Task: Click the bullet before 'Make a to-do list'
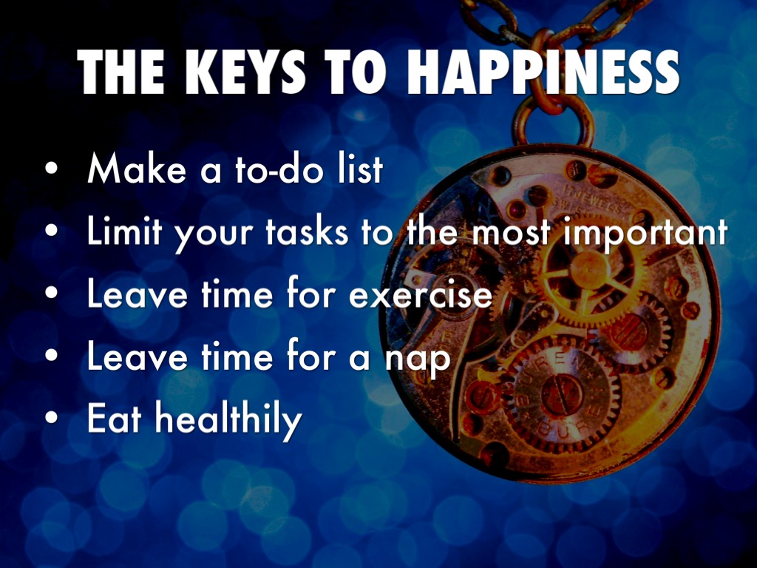click(x=50, y=169)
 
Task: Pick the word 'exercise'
click(x=420, y=294)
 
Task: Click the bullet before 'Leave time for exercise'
click(x=50, y=294)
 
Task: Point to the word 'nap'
click(x=420, y=358)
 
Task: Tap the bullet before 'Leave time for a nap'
click(x=50, y=358)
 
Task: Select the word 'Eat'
click(x=113, y=419)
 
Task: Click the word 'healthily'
click(x=229, y=419)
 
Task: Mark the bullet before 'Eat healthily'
click(x=50, y=419)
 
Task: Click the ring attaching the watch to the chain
click(x=554, y=118)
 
